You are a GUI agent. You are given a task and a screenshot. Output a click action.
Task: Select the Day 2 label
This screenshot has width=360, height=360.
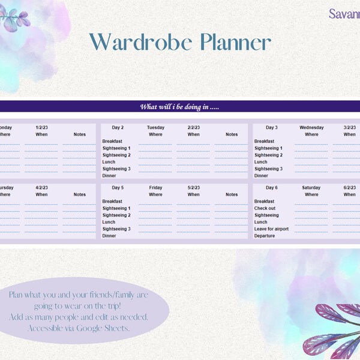(117, 127)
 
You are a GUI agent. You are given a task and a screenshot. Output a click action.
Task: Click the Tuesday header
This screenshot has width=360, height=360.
(155, 127)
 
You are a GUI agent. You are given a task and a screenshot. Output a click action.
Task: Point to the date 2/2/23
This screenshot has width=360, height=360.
(193, 127)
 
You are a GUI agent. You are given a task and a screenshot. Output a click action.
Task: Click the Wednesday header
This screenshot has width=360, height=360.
(311, 127)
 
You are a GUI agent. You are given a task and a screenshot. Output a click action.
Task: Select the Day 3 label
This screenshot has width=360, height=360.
(271, 127)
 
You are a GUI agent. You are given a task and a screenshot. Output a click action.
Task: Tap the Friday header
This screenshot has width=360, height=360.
(155, 188)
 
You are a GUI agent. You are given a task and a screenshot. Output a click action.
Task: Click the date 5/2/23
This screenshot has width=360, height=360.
(193, 188)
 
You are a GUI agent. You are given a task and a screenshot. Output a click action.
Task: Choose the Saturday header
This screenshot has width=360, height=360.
(311, 188)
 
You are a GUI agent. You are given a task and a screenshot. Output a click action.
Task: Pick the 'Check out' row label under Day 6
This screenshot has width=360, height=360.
(265, 208)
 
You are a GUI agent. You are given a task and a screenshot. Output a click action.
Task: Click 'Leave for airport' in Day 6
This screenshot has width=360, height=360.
(271, 229)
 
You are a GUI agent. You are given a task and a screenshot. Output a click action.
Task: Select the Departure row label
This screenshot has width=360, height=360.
(265, 236)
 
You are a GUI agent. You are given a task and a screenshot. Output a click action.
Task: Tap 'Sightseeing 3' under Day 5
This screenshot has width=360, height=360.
(116, 229)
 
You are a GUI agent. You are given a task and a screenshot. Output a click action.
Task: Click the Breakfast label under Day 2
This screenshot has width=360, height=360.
(112, 141)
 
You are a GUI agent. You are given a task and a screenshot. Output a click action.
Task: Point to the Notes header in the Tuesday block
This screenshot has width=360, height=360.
(232, 134)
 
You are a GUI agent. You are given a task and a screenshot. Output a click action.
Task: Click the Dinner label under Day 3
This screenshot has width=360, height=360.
(261, 176)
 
